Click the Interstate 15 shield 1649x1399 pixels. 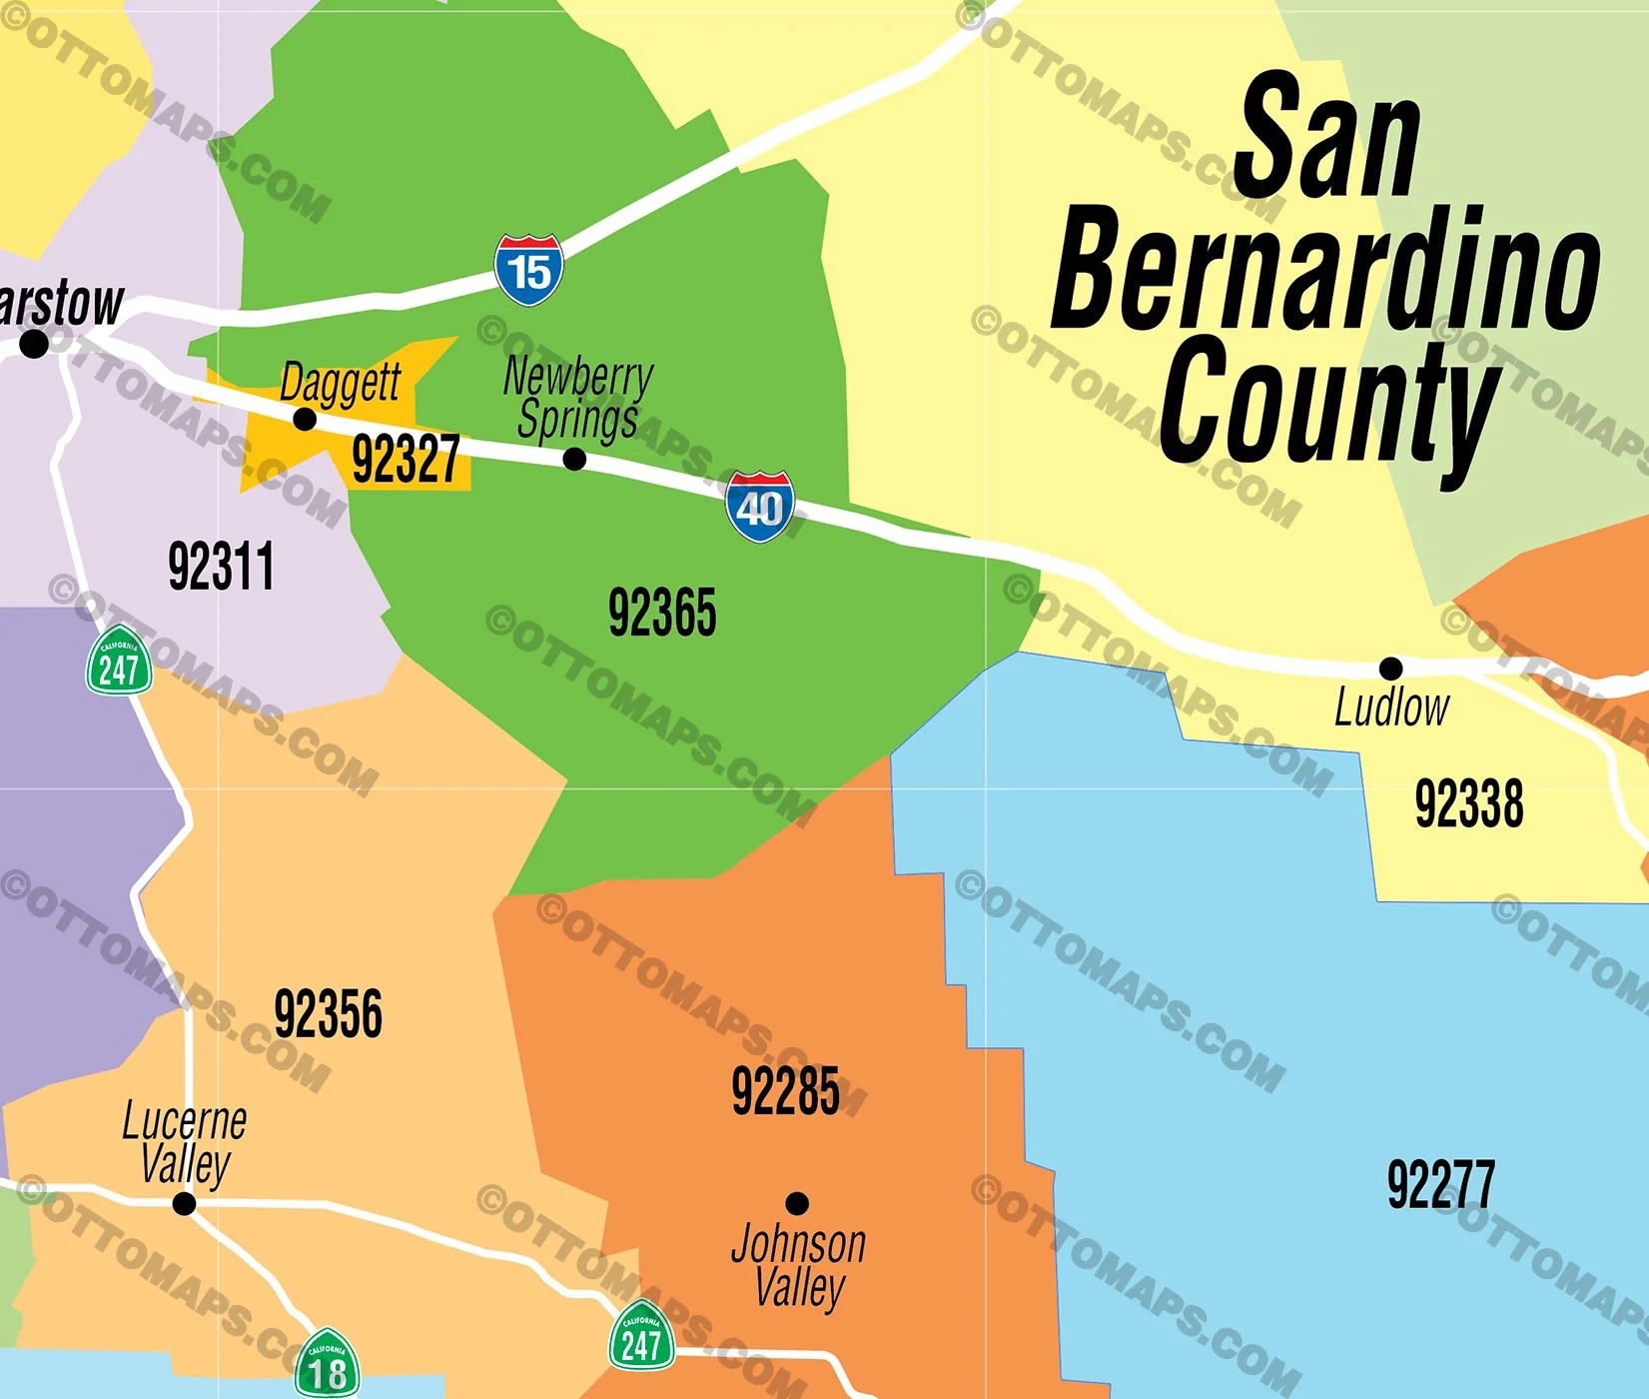(x=528, y=270)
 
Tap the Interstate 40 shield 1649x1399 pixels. (x=760, y=507)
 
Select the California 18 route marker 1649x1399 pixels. (x=327, y=1365)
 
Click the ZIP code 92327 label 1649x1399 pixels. (x=406, y=460)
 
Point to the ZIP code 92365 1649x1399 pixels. (x=662, y=613)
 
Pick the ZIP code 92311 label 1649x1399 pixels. (x=221, y=567)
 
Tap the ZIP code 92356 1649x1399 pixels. (x=328, y=1014)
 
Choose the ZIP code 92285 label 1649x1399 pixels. (x=785, y=1091)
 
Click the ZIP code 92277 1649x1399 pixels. (x=1440, y=1185)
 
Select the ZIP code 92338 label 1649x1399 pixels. (x=1468, y=803)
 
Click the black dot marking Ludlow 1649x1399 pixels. (x=1390, y=668)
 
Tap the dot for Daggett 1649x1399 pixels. (x=305, y=419)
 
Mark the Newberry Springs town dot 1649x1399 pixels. (x=574, y=459)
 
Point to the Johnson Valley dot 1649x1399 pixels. (x=797, y=1202)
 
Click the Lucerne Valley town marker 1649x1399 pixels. (x=184, y=1203)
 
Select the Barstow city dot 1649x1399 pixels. (x=34, y=344)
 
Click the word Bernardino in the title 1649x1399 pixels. (x=1325, y=271)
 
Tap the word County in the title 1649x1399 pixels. (x=1328, y=405)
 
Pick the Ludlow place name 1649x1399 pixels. (x=1391, y=707)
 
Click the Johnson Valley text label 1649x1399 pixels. (x=798, y=1266)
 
